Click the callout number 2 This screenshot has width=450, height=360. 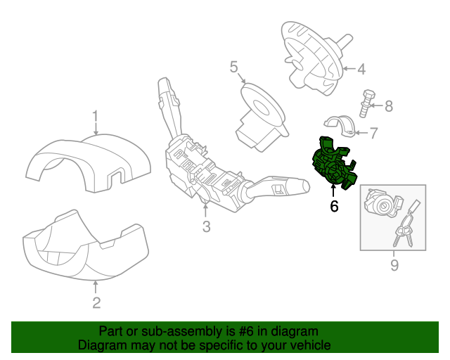(96, 303)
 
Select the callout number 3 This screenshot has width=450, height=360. (206, 226)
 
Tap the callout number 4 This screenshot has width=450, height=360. (361, 69)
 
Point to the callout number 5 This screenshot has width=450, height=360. (233, 67)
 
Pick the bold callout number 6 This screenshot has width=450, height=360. (334, 206)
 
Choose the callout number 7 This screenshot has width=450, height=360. (374, 131)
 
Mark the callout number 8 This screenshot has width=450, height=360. (388, 106)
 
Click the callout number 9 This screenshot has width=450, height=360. (394, 264)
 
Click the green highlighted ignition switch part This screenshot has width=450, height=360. (333, 164)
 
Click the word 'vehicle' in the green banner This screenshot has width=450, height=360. (306, 345)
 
